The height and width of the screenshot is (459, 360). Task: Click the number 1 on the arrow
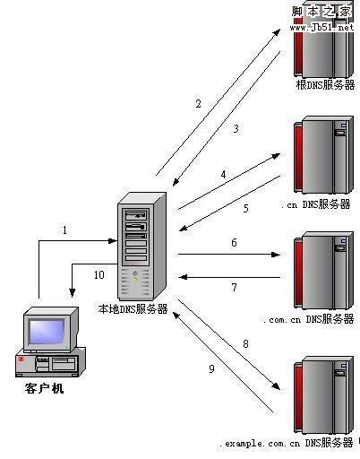(64, 230)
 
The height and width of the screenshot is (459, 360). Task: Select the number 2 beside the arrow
(198, 103)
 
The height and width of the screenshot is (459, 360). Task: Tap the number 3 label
(236, 129)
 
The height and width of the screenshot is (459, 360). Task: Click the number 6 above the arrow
(234, 243)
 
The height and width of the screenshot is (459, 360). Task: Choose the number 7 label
(234, 288)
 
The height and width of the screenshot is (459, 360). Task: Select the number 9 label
(211, 368)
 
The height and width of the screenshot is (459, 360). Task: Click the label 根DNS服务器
(325, 84)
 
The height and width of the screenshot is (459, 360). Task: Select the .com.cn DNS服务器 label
(309, 318)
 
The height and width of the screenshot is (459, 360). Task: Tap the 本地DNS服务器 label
(133, 308)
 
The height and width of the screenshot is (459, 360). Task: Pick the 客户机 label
(44, 389)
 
